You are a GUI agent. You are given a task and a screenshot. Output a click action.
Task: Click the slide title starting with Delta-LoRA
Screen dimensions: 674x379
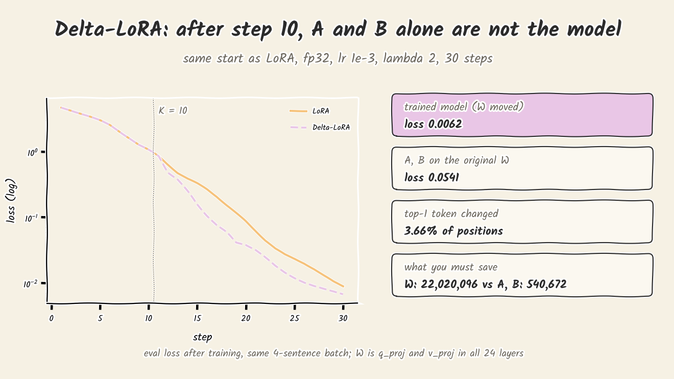(x=338, y=29)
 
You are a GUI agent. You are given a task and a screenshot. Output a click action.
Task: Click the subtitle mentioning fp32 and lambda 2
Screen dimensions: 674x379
(x=338, y=58)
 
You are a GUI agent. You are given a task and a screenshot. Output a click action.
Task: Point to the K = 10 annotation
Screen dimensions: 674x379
(x=173, y=110)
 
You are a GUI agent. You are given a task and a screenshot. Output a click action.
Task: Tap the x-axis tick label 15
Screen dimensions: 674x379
(x=197, y=318)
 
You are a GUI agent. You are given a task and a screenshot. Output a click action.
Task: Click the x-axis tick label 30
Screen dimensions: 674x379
(x=343, y=318)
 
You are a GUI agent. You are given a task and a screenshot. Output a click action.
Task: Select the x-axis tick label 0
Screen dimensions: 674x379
(x=52, y=318)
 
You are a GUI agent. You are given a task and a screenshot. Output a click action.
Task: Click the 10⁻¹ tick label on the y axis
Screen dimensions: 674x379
(x=31, y=218)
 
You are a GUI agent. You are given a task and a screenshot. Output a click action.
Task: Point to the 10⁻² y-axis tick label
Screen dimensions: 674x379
(x=31, y=284)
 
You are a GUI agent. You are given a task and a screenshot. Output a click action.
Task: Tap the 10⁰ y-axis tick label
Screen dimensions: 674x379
(x=33, y=153)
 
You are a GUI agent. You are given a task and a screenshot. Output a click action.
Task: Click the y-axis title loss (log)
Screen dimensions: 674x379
(x=11, y=201)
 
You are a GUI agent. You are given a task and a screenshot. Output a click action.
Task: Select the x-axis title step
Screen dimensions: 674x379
(x=203, y=337)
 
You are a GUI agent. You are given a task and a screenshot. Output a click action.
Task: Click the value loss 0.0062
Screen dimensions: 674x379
(x=433, y=124)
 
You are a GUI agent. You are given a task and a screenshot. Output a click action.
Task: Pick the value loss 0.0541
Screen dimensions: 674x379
(x=432, y=177)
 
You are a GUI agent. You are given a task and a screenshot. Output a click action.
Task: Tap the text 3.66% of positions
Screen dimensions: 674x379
(x=453, y=231)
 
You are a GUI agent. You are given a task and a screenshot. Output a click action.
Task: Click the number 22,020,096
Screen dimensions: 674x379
(x=449, y=284)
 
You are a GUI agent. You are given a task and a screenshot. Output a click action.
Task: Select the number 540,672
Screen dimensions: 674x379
(x=546, y=284)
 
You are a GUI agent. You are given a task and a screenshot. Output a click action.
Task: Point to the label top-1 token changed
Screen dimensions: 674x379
(x=451, y=214)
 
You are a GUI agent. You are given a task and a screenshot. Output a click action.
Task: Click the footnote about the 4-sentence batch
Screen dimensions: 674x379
(x=334, y=353)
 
